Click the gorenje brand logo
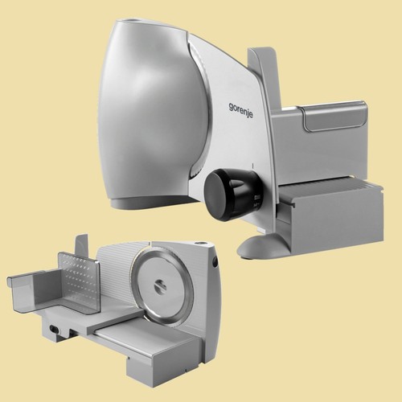point(240,110)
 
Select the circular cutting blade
point(162,287)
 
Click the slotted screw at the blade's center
point(160,287)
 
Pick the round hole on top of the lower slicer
point(199,244)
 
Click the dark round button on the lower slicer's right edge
point(215,262)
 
